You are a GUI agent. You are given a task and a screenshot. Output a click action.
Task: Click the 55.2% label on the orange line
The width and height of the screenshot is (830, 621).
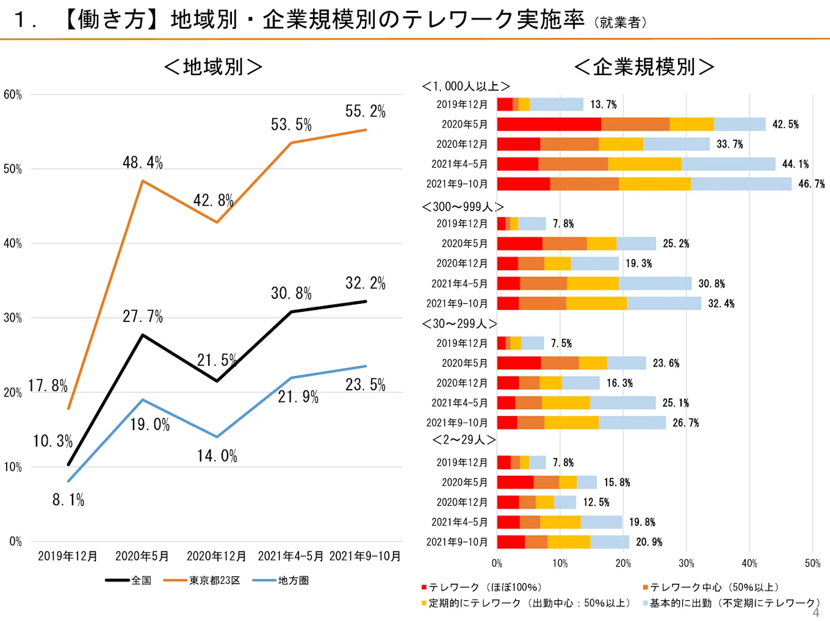click(365, 112)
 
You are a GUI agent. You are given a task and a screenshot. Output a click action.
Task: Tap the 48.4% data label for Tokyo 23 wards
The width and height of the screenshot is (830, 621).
click(143, 163)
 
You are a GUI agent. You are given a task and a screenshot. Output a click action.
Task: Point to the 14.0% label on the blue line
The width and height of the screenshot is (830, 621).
click(217, 456)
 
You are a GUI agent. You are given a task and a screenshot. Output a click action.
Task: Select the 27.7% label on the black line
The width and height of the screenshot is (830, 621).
click(143, 317)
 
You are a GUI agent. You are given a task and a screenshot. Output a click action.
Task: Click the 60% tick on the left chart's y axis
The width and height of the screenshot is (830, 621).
click(13, 95)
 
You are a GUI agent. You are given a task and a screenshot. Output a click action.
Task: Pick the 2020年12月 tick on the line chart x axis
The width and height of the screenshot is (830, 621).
click(216, 556)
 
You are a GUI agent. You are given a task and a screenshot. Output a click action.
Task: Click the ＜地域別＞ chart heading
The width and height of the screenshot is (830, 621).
click(213, 66)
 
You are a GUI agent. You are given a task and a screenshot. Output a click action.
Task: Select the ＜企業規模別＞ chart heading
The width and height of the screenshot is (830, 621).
click(644, 66)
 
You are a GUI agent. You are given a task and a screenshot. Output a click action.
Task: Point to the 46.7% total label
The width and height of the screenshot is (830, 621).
click(811, 184)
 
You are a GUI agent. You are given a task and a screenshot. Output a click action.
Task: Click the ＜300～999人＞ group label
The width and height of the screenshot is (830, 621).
click(463, 207)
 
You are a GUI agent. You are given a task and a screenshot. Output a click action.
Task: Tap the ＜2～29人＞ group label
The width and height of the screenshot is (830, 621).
click(464, 440)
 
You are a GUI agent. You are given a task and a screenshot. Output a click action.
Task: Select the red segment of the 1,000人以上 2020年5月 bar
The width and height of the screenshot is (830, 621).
click(549, 124)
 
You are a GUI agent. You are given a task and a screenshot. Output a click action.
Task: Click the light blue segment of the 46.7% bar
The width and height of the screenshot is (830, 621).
click(741, 184)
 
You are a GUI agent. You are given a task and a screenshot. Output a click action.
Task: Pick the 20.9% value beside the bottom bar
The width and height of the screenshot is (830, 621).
click(649, 542)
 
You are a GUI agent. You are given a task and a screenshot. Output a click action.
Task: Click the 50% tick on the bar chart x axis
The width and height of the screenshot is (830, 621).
click(812, 564)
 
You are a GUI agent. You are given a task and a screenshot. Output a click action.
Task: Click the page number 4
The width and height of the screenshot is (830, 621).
click(816, 612)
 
